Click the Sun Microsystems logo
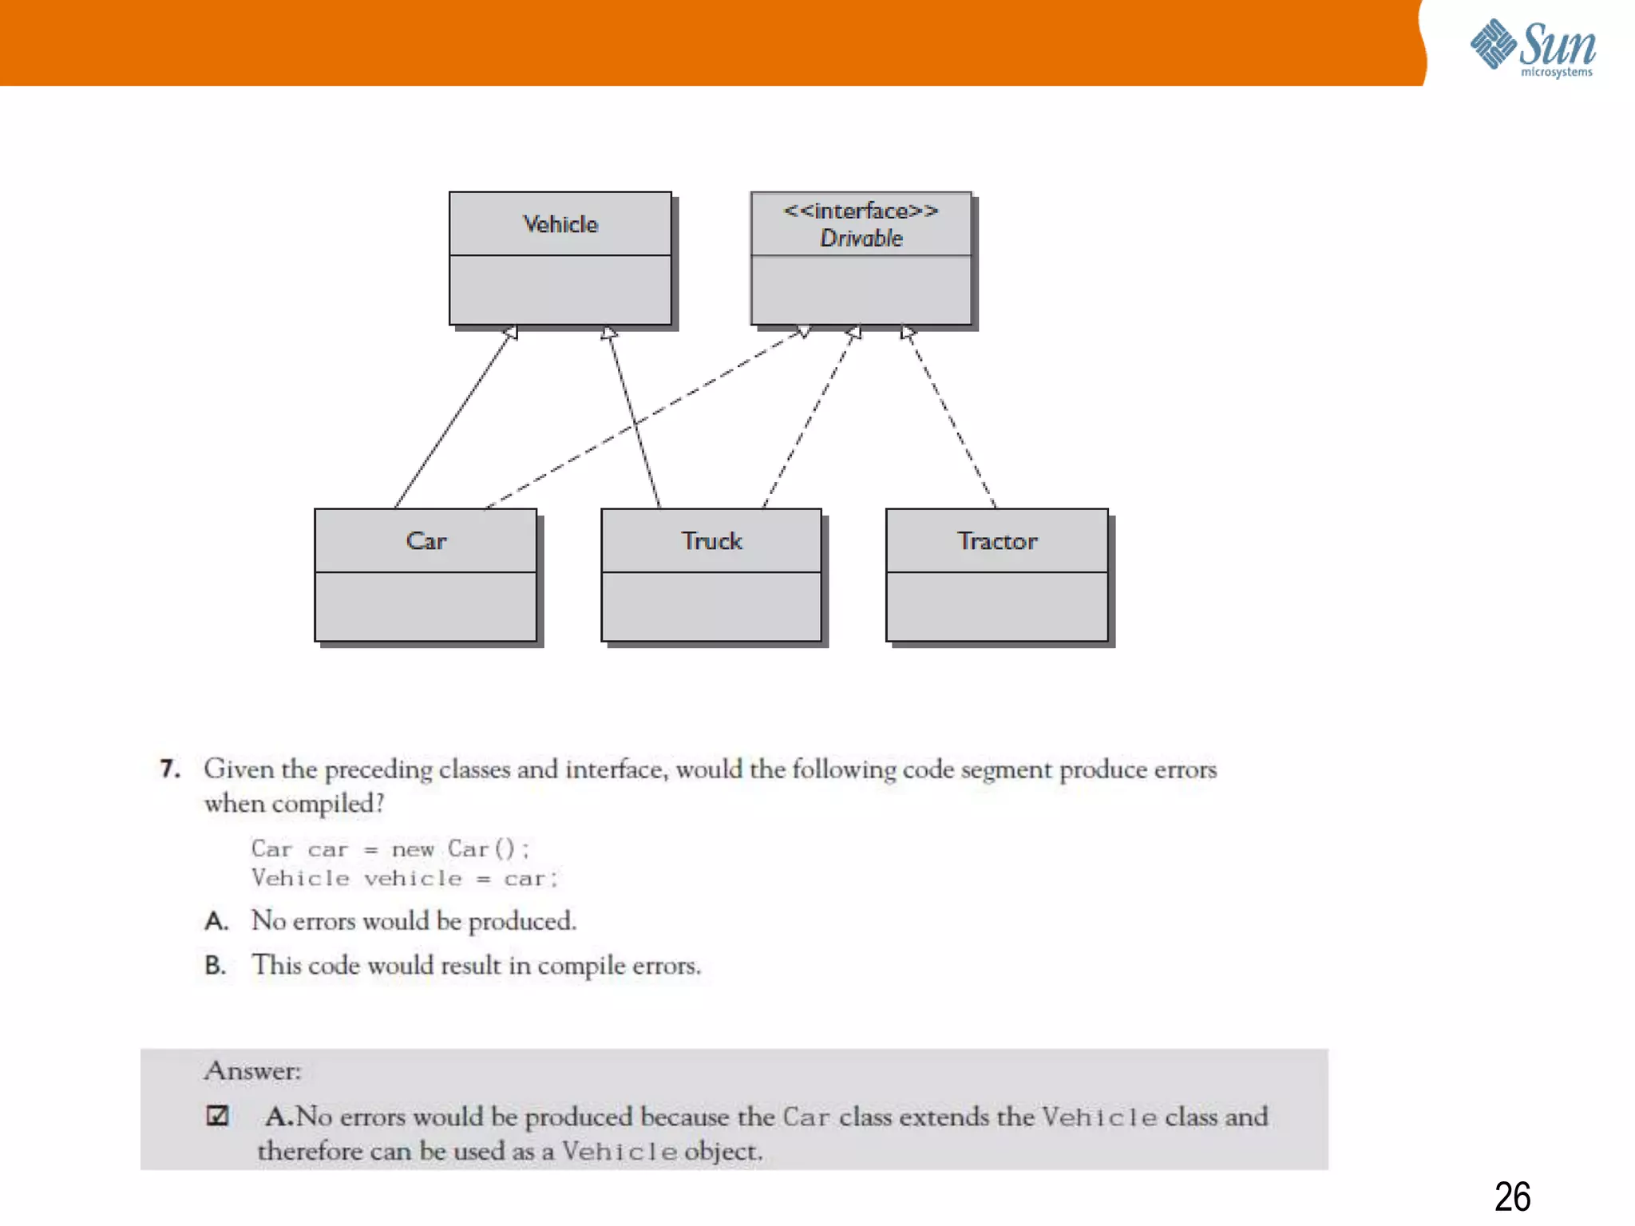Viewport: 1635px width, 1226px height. click(x=1533, y=48)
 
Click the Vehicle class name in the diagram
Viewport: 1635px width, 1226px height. click(x=560, y=224)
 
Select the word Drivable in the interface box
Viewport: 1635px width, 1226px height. click(x=861, y=238)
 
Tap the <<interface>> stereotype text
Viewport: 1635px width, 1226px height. click(x=861, y=211)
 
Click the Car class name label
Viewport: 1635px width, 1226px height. click(x=426, y=541)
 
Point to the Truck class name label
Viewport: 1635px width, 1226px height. click(x=711, y=541)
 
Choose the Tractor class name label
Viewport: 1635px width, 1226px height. click(x=997, y=541)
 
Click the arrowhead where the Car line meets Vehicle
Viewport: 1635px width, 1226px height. click(x=511, y=332)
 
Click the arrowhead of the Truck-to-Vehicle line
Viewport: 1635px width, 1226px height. click(x=609, y=332)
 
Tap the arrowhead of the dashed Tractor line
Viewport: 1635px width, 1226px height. click(x=907, y=332)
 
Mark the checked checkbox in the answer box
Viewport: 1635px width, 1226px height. click(x=217, y=1115)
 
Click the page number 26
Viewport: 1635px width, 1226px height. click(x=1512, y=1196)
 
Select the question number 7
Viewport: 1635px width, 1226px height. click(x=169, y=769)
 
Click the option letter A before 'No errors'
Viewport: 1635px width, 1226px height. click(x=216, y=921)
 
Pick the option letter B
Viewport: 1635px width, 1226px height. click(x=215, y=965)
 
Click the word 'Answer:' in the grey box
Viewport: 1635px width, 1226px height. click(x=252, y=1070)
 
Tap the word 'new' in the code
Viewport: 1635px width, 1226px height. click(x=413, y=849)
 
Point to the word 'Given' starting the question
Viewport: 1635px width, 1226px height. click(x=239, y=769)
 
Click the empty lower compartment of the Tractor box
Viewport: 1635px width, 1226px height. click(x=997, y=606)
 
